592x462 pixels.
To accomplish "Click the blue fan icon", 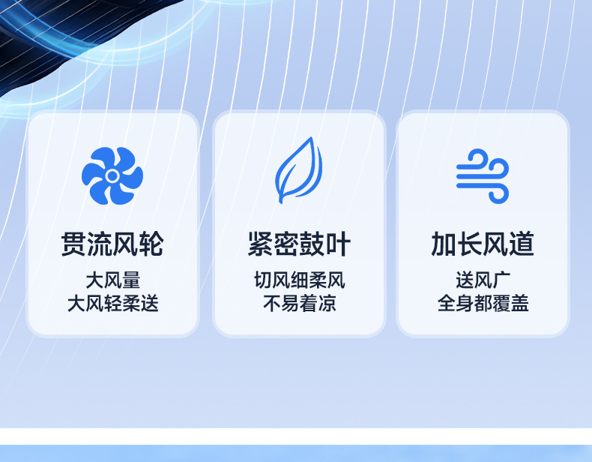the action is (x=112, y=175).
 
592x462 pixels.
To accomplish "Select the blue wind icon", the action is (x=483, y=176).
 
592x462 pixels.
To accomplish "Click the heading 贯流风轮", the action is (x=112, y=244).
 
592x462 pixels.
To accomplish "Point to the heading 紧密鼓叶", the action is (x=299, y=244).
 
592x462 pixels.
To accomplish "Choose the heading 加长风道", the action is (x=483, y=244).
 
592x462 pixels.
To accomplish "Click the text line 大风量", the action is (x=113, y=280).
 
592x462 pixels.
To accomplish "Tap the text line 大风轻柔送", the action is (x=113, y=303).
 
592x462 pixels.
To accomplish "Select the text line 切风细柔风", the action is (x=300, y=280).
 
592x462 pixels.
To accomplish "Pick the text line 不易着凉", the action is (x=300, y=303).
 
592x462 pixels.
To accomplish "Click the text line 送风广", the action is (x=483, y=280).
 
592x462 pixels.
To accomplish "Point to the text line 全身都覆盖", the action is (x=483, y=303).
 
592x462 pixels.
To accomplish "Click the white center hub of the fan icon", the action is (x=112, y=175).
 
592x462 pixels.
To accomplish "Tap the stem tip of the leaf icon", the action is (x=280, y=200).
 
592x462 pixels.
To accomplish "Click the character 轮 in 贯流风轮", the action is (x=151, y=244).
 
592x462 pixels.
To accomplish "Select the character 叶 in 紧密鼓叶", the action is (x=338, y=244).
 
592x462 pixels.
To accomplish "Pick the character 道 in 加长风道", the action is (x=522, y=244).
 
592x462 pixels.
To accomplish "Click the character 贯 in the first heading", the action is (x=73, y=244).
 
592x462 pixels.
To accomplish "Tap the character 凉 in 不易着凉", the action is (x=327, y=303).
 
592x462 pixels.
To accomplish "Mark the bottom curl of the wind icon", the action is (x=499, y=195).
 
